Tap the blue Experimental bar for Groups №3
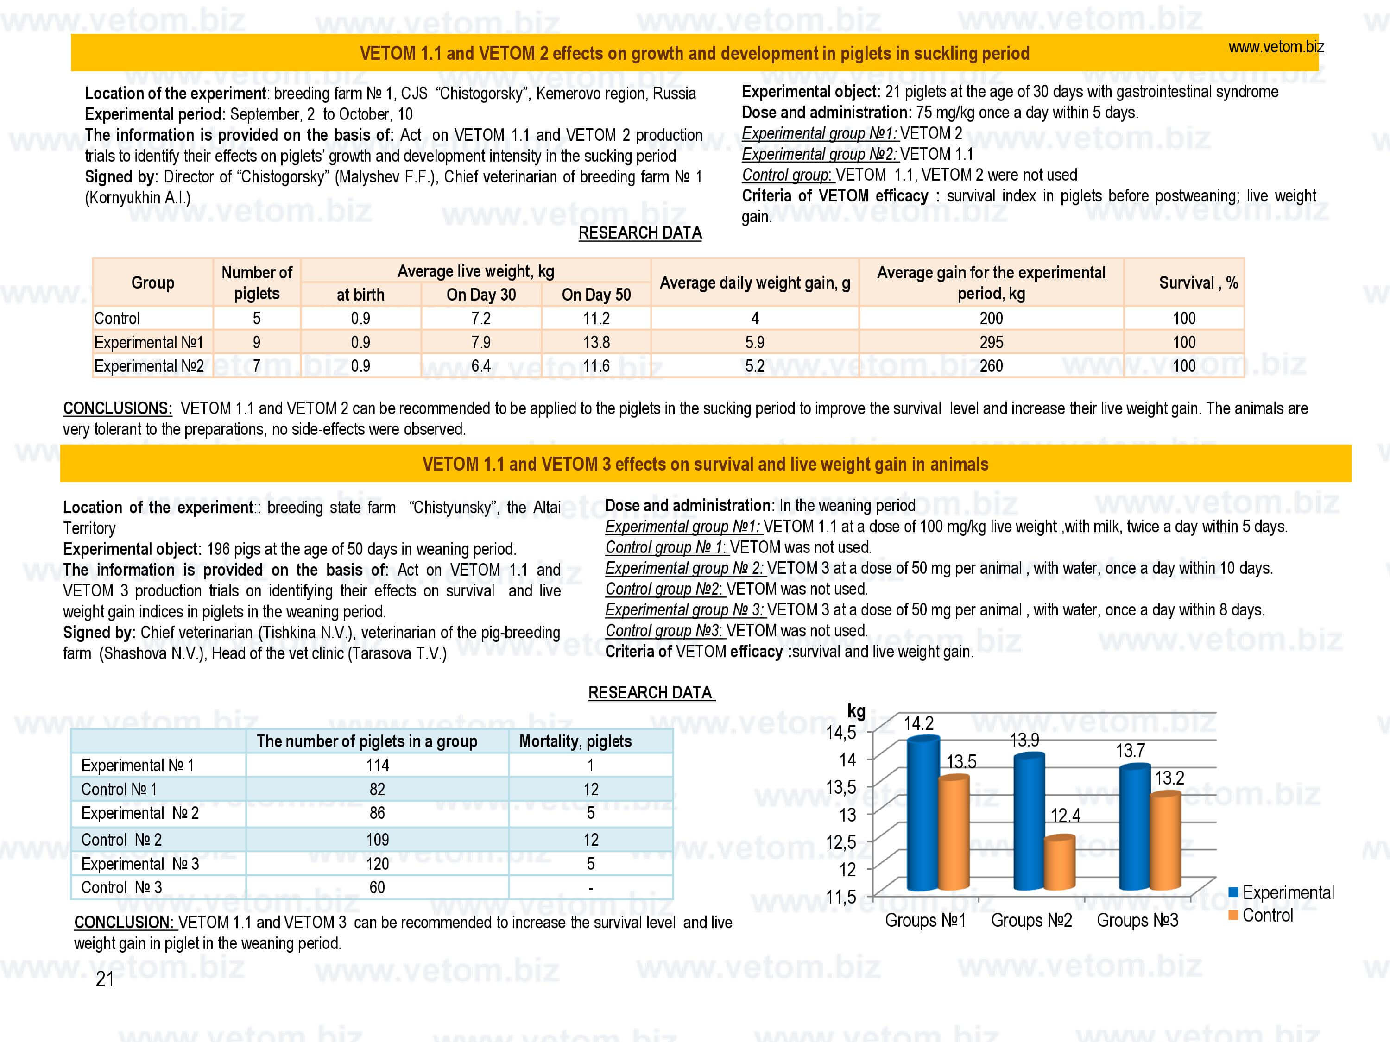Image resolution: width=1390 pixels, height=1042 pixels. (1135, 829)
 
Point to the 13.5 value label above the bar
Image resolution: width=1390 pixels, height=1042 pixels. (961, 761)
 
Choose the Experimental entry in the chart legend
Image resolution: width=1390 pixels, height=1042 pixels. (1281, 892)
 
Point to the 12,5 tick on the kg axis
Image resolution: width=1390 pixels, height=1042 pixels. (841, 841)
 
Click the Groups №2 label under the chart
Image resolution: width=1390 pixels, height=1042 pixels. (1031, 920)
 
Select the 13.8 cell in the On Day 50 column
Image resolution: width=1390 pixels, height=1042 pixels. (596, 342)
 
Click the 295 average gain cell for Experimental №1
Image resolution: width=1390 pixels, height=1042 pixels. (991, 342)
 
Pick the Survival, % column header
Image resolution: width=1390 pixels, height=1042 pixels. (1198, 282)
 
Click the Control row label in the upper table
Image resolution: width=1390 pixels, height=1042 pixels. (117, 319)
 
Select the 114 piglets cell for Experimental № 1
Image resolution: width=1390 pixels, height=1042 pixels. (378, 765)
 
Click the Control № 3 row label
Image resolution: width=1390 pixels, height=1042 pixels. (121, 887)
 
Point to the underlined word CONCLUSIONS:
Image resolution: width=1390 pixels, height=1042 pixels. (118, 408)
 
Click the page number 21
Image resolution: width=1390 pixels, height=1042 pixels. (105, 979)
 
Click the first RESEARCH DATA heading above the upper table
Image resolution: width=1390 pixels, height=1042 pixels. (640, 233)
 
